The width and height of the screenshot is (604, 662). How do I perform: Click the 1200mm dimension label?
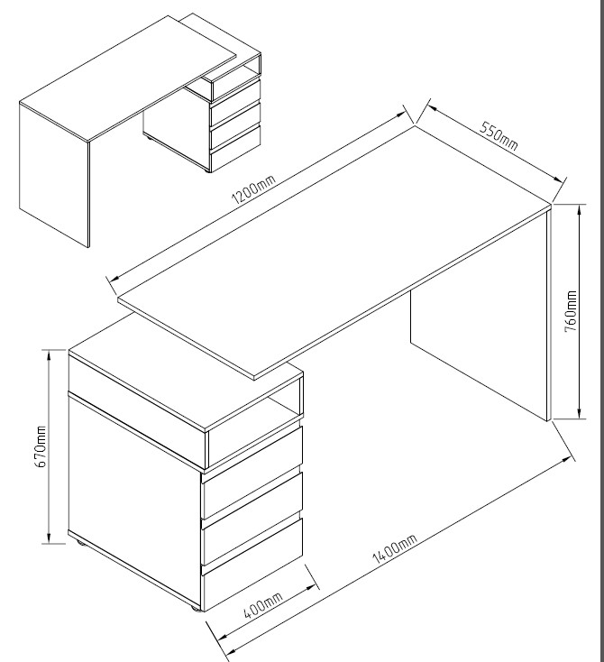pos(253,189)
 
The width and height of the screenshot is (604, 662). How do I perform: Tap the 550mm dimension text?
pos(499,136)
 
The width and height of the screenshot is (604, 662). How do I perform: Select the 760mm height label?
pos(571,311)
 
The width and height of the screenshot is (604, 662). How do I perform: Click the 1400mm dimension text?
pos(395,548)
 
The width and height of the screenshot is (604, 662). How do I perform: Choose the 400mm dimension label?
pos(263,604)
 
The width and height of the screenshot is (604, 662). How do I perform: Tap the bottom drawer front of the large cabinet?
pos(252,587)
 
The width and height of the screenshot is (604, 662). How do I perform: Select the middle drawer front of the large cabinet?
pos(252,540)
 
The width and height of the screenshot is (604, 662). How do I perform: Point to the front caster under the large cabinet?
pos(195,609)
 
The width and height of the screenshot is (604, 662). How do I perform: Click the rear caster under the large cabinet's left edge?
pos(80,543)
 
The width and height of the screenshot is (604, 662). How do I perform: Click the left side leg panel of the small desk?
pos(54,174)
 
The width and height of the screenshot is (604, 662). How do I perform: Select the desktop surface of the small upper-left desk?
pos(129,78)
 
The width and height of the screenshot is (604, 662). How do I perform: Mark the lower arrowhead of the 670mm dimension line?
pos(50,538)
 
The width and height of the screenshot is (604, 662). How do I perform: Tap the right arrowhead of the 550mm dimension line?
pos(558,179)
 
